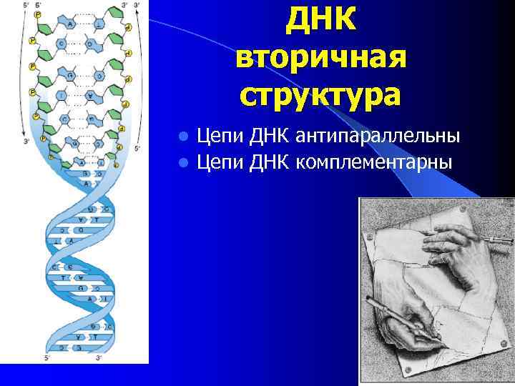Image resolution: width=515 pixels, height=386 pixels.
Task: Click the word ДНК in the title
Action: pos(320,21)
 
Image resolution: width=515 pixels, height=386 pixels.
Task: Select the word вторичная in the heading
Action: pos(320,58)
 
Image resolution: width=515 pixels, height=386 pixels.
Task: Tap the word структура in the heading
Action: pos(320,96)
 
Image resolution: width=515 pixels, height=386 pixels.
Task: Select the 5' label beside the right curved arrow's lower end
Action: pos(138,149)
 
